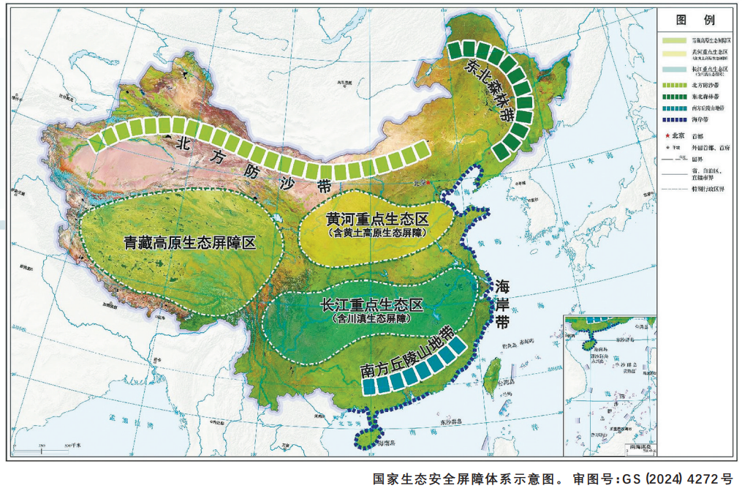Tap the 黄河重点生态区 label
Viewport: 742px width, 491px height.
point(377,219)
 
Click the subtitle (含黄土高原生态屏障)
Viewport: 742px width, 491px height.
point(376,233)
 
